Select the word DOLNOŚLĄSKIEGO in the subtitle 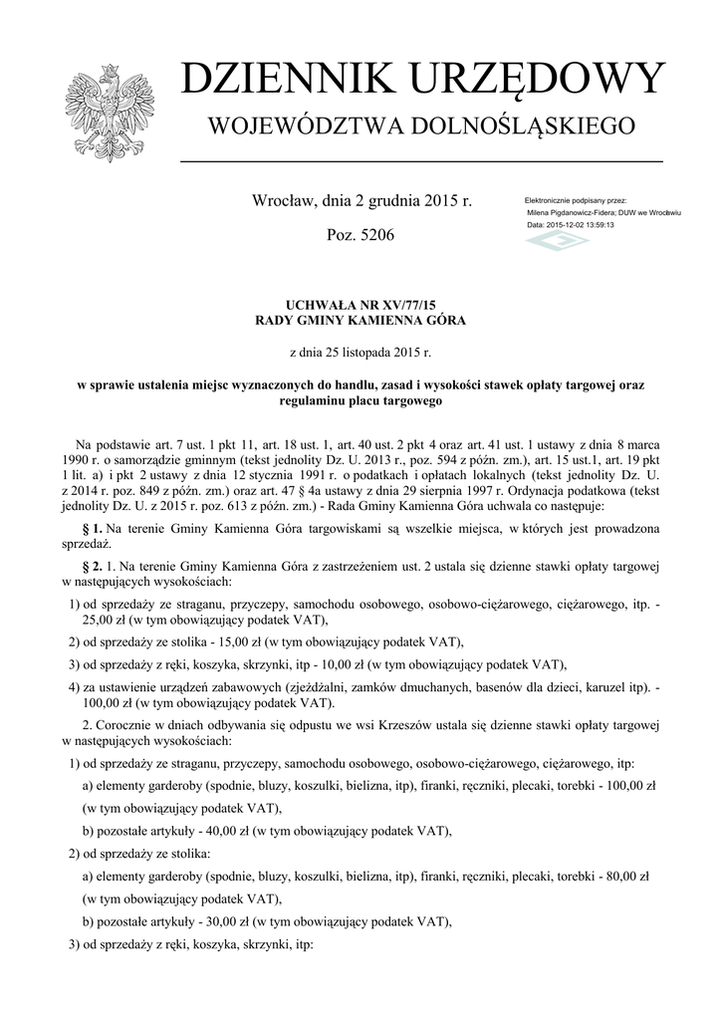533,127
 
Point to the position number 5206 374,236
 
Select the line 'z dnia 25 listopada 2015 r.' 361,352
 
